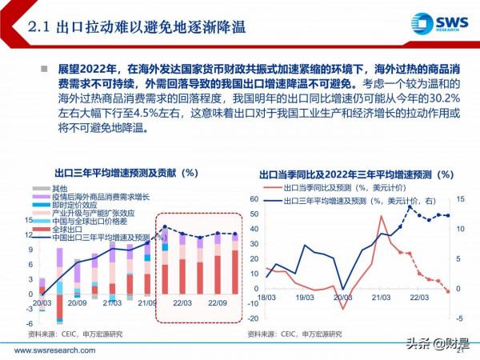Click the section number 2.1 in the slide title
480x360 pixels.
click(40, 27)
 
